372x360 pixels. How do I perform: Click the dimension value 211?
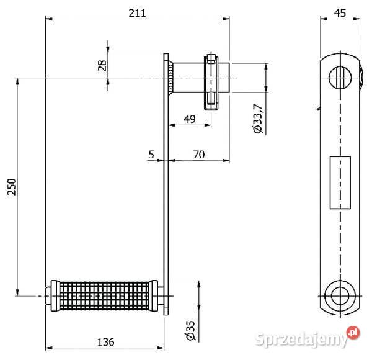[x=137, y=13]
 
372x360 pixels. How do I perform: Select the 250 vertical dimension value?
[x=12, y=187]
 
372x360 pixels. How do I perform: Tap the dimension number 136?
[x=106, y=342]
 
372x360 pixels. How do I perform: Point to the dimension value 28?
[x=102, y=65]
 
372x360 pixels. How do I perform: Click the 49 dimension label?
[x=190, y=119]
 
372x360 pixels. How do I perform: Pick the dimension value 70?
[x=199, y=155]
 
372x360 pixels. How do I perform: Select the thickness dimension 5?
[x=151, y=155]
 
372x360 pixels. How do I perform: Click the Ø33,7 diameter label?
[x=258, y=119]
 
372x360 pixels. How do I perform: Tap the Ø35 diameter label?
[x=191, y=330]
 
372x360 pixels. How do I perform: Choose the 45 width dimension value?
[x=340, y=13]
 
